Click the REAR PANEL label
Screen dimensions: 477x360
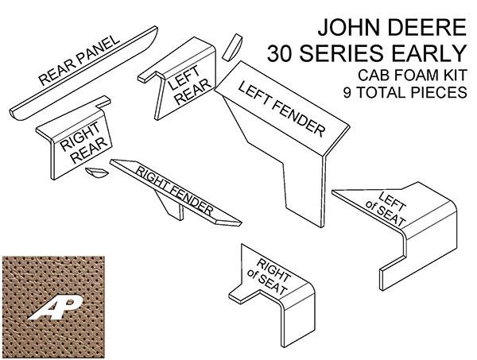(79, 60)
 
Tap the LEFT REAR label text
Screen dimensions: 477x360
(188, 85)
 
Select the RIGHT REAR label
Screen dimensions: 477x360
(83, 142)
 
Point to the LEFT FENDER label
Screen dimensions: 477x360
(281, 109)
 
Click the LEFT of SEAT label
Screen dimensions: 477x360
(386, 209)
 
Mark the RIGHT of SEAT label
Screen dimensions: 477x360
(269, 277)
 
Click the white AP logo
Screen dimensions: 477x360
(56, 308)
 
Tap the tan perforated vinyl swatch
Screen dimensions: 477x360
(53, 307)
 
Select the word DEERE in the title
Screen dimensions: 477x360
(425, 27)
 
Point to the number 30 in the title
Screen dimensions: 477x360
(280, 53)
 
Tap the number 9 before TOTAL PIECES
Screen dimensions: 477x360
(347, 92)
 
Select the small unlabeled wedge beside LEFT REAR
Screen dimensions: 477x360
(232, 47)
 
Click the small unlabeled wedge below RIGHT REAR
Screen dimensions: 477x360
(96, 172)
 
